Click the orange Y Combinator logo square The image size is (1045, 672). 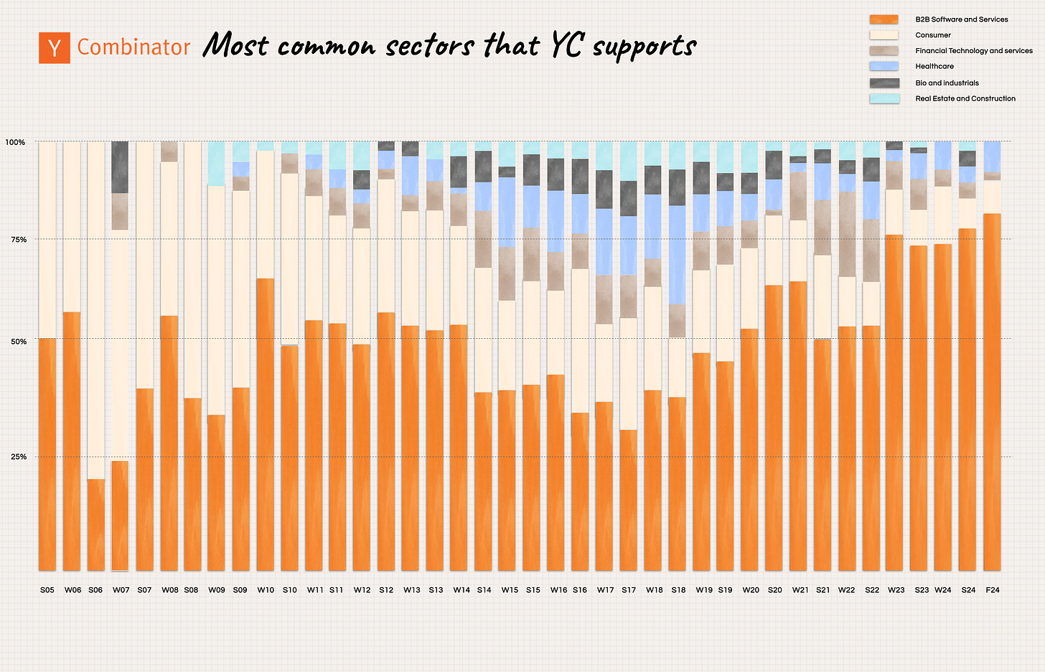(55, 48)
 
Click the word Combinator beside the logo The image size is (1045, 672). (133, 47)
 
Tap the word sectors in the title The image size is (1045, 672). (430, 47)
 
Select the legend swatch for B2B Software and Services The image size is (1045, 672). (884, 19)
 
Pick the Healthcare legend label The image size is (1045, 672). (934, 66)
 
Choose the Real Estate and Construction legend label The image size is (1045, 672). (965, 98)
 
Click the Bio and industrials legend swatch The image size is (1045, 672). (884, 83)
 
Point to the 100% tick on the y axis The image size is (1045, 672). (15, 142)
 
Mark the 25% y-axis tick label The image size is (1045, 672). (19, 457)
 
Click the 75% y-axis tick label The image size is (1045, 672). (19, 240)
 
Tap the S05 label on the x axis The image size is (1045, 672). (47, 590)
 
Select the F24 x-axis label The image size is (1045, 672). (993, 590)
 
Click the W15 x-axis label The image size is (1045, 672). (510, 590)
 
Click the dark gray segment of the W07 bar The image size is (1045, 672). (120, 167)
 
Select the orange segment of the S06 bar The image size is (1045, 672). (96, 524)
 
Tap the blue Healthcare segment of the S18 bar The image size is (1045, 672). (677, 255)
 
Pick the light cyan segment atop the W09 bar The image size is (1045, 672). (217, 164)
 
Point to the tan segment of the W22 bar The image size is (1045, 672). (847, 234)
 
